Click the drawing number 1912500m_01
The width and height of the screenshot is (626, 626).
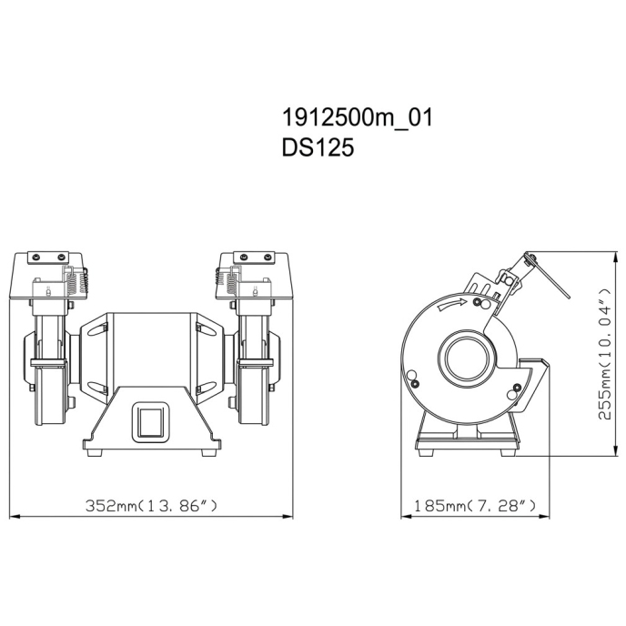pyautogui.click(x=358, y=118)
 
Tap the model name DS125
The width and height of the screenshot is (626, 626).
pyautogui.click(x=318, y=147)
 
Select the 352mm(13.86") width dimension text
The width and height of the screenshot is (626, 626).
pyautogui.click(x=152, y=505)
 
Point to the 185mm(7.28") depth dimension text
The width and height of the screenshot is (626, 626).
pyautogui.click(x=475, y=506)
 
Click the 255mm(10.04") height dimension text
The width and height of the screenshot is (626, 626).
pyautogui.click(x=605, y=353)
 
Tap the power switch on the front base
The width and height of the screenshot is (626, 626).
pyautogui.click(x=150, y=422)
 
